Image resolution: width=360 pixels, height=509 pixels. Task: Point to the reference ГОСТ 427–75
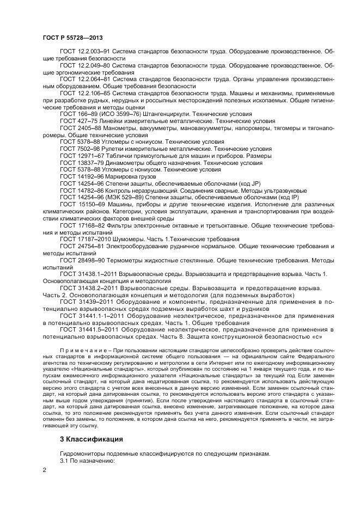pyautogui.click(x=76, y=121)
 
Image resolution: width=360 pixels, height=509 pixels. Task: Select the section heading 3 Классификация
pyautogui.click(x=91, y=439)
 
